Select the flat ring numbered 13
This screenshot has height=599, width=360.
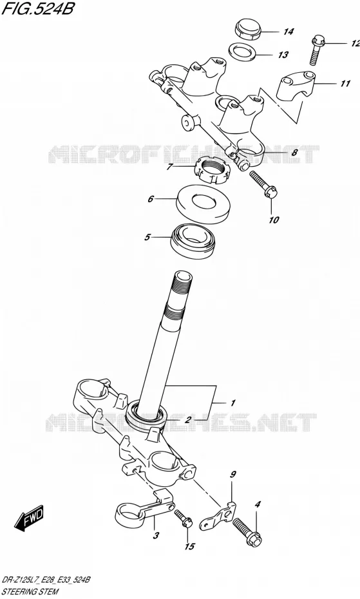(242, 52)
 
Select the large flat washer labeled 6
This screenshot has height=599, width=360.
(204, 204)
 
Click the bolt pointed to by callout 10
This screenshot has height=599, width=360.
(263, 184)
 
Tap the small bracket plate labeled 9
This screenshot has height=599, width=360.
(218, 516)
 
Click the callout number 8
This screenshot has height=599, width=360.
(294, 153)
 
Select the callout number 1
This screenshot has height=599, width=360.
(232, 403)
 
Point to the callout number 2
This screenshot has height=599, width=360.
(188, 420)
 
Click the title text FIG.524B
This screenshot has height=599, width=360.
(37, 8)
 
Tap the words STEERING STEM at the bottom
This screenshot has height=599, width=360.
(30, 592)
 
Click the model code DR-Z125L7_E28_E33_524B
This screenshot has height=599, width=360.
(46, 580)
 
